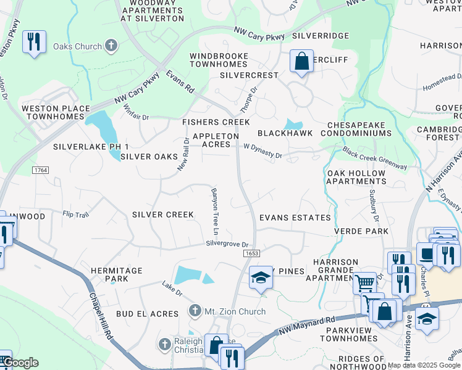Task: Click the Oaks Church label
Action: [x=77, y=46]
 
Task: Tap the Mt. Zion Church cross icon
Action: [x=195, y=310]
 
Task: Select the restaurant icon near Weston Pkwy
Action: [x=33, y=42]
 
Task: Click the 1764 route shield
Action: [x=41, y=168]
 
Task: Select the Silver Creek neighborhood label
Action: [x=163, y=215]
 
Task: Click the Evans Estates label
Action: [x=295, y=218]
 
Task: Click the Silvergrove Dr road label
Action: [x=227, y=244]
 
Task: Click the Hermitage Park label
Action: [x=116, y=275]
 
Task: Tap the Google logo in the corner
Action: [x=20, y=363]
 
